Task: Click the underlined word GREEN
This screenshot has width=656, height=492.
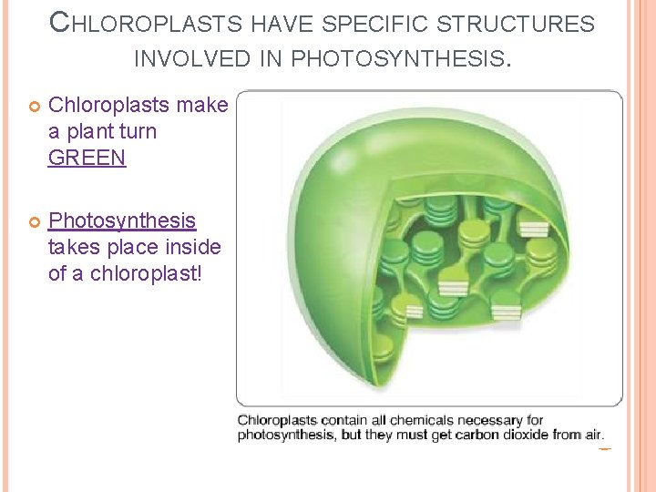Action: (87, 158)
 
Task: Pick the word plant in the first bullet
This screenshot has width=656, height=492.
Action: (90, 131)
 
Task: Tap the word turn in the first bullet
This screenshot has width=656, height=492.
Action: (138, 131)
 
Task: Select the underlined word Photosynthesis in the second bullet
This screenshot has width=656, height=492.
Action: (121, 220)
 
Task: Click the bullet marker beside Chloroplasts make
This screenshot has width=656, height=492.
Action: (32, 106)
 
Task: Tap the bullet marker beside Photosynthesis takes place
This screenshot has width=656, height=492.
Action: (32, 221)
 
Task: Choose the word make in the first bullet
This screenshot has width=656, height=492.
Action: (201, 105)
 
